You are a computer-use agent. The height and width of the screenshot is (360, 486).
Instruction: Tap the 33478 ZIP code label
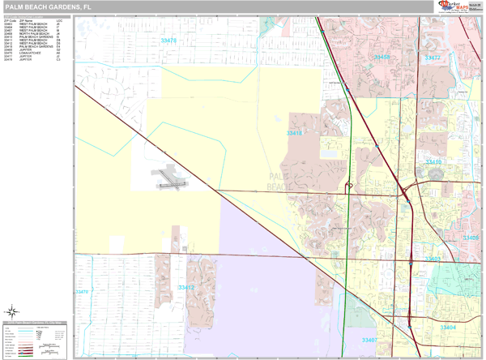[x=168, y=40]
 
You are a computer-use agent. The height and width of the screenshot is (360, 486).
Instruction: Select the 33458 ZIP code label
[x=382, y=58]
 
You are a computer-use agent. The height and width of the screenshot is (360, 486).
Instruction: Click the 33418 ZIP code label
[x=294, y=133]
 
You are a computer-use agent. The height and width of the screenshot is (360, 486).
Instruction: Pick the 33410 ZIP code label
[x=434, y=162]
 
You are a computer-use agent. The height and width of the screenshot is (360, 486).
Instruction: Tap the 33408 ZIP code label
[x=471, y=238]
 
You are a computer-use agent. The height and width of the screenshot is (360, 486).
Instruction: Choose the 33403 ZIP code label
[x=432, y=259]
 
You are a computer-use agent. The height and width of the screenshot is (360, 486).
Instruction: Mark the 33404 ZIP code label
[x=448, y=327]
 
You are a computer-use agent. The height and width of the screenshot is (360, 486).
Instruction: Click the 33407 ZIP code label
[x=369, y=340]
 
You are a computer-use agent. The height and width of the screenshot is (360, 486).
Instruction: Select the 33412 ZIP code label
[x=186, y=287]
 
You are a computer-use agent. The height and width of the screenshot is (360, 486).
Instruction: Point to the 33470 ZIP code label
[x=81, y=292]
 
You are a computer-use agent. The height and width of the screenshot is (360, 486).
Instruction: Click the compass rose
[x=12, y=311]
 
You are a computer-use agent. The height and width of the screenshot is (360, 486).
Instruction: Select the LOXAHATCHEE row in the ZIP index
[x=36, y=53]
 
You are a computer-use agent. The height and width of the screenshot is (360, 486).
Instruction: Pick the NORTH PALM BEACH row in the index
[x=36, y=33]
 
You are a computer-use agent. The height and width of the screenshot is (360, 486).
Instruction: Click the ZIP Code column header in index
[x=11, y=20]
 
